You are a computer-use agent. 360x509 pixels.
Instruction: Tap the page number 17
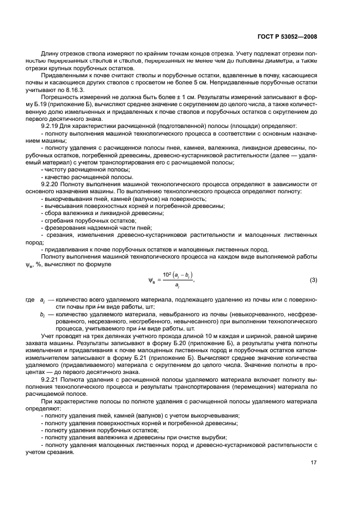pos(314,463)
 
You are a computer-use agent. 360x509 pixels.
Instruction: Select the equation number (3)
pos(313,280)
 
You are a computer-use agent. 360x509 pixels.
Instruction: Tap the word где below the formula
pos(29,300)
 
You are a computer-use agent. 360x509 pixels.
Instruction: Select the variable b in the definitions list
pos(42,315)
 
